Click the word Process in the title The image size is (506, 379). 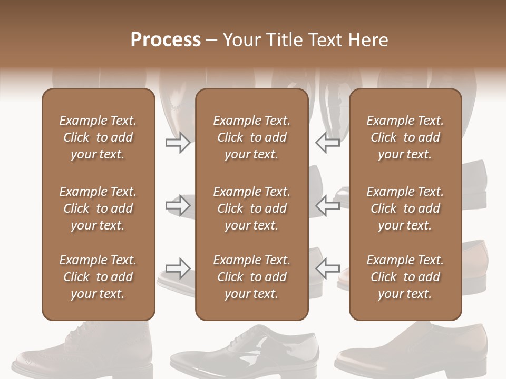point(166,40)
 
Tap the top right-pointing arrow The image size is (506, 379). point(178,143)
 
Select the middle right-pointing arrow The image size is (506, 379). point(178,205)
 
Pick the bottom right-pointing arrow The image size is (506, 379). point(178,269)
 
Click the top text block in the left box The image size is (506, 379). point(98,137)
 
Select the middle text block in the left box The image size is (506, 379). point(98,208)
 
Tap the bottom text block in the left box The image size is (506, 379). point(98,277)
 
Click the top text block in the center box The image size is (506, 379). point(251,137)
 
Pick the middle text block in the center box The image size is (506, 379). point(251,208)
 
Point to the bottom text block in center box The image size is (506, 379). point(251,277)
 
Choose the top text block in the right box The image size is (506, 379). point(405,137)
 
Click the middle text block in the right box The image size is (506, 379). point(405,208)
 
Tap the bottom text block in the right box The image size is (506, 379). point(405,277)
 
